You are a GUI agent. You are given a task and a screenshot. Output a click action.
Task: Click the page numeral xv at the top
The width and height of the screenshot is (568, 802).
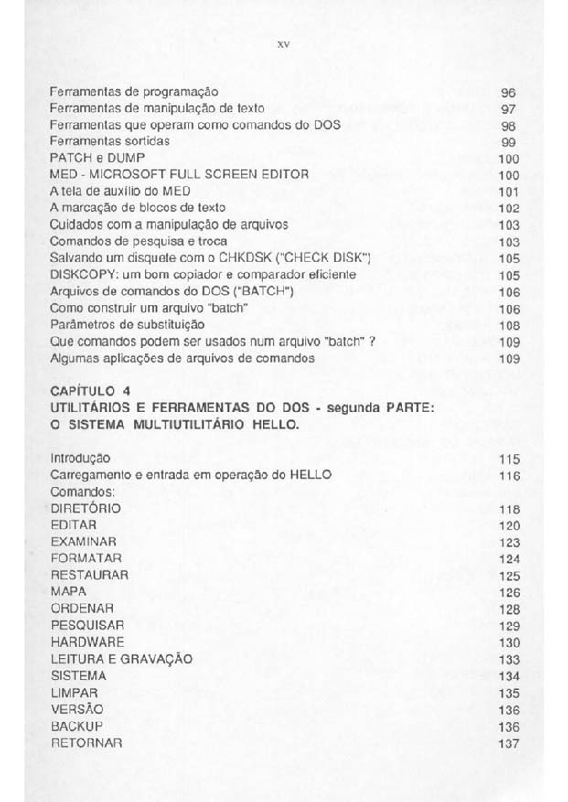[285, 42]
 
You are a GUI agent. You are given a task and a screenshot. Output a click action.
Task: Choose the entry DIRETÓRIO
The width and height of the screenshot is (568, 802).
[85, 508]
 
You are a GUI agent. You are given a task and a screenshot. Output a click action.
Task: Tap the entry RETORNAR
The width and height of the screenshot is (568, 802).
[87, 742]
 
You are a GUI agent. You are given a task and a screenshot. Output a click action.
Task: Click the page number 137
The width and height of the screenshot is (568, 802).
[509, 743]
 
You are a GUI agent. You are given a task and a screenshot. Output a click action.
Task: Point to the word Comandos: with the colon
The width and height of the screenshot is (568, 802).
[80, 491]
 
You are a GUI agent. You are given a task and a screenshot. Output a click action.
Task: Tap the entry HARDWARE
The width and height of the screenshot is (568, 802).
[88, 642]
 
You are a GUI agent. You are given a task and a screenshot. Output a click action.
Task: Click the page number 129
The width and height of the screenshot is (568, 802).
[509, 626]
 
